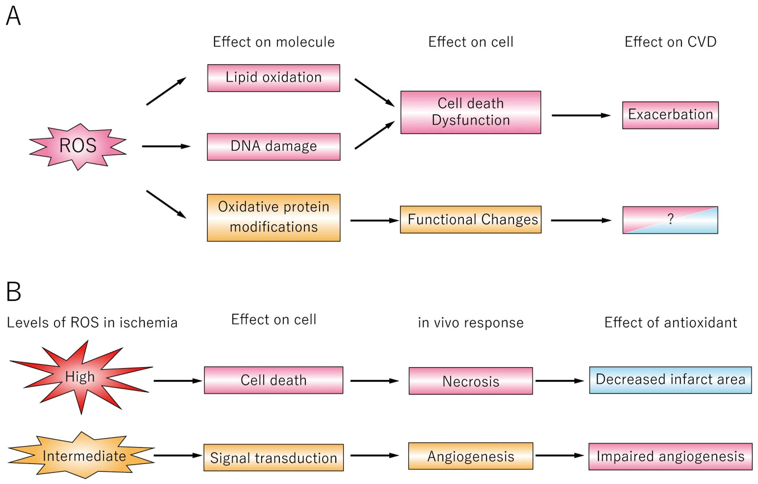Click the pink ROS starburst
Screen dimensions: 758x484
click(78, 146)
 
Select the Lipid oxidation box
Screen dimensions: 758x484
click(274, 78)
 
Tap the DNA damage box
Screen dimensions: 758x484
click(274, 147)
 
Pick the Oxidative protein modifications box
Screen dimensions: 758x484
click(274, 218)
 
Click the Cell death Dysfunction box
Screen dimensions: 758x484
click(471, 112)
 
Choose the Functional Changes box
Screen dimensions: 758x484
click(471, 220)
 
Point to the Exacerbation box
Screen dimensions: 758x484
click(670, 115)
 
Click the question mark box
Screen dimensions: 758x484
click(670, 220)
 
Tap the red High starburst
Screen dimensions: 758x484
click(81, 377)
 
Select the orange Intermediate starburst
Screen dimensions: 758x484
click(82, 455)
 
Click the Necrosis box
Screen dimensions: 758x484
click(471, 381)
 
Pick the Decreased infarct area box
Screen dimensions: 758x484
click(670, 380)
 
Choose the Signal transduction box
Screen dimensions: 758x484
click(274, 457)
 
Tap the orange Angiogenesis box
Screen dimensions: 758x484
click(471, 456)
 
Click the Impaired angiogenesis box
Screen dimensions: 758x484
click(670, 456)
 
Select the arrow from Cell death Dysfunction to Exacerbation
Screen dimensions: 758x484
click(581, 115)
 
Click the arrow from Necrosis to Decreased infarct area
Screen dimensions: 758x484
click(560, 381)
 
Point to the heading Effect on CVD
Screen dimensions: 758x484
click(671, 42)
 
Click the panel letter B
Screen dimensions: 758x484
click(14, 291)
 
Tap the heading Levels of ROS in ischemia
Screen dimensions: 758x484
click(92, 323)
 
